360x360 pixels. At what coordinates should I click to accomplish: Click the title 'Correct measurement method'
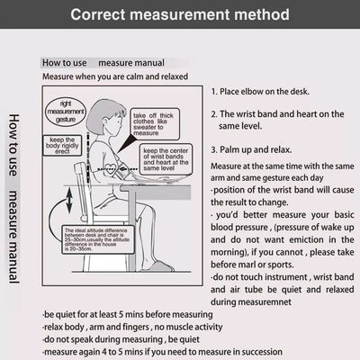tap(180, 15)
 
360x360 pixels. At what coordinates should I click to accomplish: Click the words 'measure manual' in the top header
tap(131, 63)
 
